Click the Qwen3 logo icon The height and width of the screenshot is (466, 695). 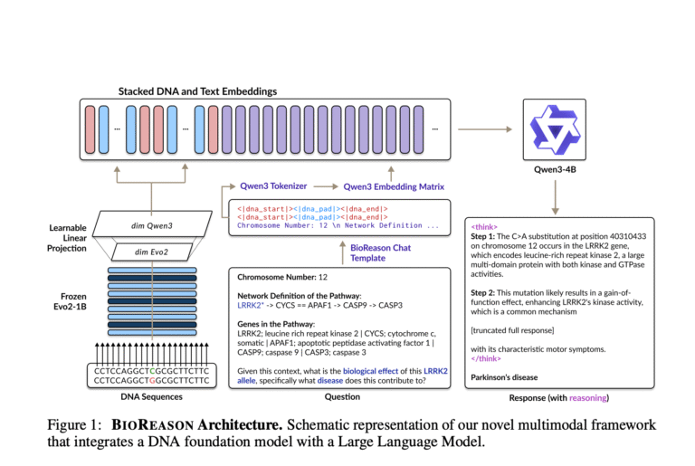click(x=555, y=129)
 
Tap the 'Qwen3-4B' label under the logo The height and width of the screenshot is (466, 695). click(x=555, y=169)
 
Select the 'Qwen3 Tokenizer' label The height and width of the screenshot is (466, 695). click(x=273, y=185)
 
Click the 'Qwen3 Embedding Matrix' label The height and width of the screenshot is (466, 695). click(x=394, y=186)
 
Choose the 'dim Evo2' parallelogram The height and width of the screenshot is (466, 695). click(x=152, y=252)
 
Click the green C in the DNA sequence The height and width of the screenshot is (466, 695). click(x=152, y=371)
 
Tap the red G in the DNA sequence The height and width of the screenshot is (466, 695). click(x=152, y=380)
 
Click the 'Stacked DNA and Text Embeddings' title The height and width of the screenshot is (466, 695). click(x=197, y=91)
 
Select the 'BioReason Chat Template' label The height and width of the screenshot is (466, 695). click(x=380, y=252)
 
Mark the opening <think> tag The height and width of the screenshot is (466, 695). click(x=484, y=227)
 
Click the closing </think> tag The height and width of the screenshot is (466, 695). click(x=486, y=358)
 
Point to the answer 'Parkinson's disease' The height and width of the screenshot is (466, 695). click(x=504, y=377)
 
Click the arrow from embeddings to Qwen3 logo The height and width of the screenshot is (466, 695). click(x=485, y=129)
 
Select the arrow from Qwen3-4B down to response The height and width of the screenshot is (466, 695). click(x=555, y=197)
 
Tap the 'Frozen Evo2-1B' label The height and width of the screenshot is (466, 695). click(x=70, y=301)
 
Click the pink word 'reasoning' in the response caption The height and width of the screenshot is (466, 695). click(x=587, y=398)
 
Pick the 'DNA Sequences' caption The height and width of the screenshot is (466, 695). click(x=152, y=397)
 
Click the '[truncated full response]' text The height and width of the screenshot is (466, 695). click(x=512, y=330)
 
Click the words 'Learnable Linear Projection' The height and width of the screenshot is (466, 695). click(x=67, y=238)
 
